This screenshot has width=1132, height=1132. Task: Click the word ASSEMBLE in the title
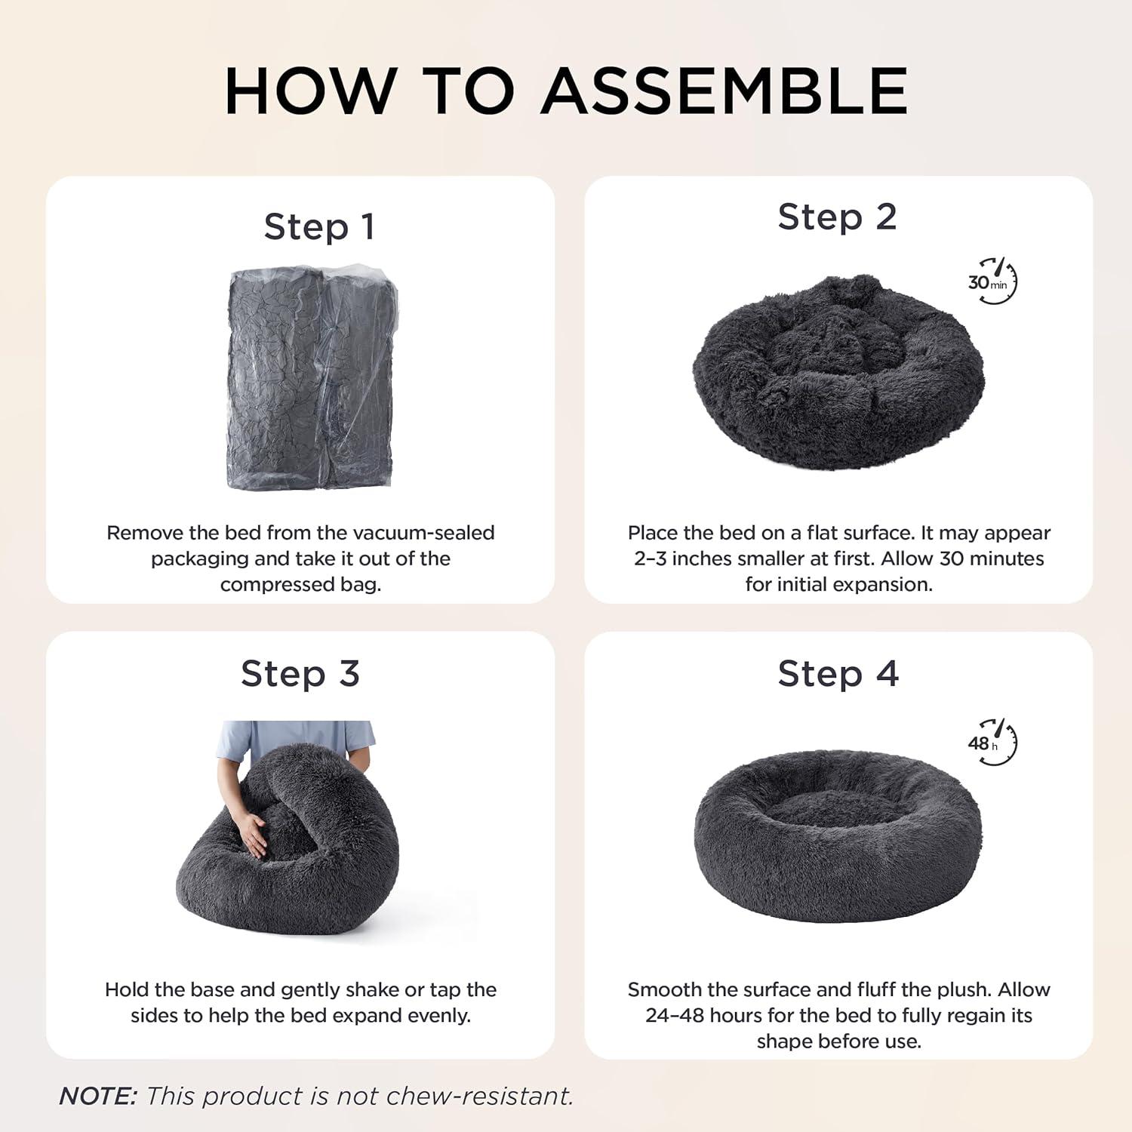724,91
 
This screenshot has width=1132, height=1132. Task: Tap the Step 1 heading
319,226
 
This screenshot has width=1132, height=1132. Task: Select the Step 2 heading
837,217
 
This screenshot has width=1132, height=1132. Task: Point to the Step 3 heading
300,673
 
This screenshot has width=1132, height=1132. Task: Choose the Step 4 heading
838,673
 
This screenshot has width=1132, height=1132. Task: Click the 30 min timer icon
992,281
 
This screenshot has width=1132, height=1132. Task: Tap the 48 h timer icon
992,742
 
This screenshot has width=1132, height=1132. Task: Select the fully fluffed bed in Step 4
838,836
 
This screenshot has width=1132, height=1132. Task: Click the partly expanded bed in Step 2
838,372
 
